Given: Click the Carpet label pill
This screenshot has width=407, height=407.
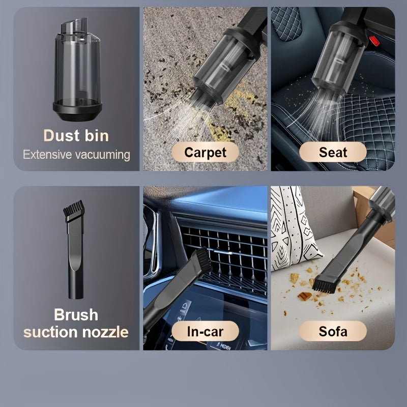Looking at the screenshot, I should point(205,152).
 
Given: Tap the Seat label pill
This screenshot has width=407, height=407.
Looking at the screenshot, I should point(333,152).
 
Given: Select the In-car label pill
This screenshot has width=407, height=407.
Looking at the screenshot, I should point(205,332).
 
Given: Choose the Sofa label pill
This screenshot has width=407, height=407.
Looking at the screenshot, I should point(333,332).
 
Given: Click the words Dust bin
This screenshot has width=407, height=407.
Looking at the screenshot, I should point(76,136).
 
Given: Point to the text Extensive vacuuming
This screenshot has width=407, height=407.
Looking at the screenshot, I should point(76,154).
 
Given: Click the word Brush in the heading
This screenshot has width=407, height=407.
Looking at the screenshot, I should point(76,314).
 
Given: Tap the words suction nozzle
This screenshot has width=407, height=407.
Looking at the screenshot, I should point(76,332).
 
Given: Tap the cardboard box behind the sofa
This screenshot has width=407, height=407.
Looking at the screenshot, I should point(376,209).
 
